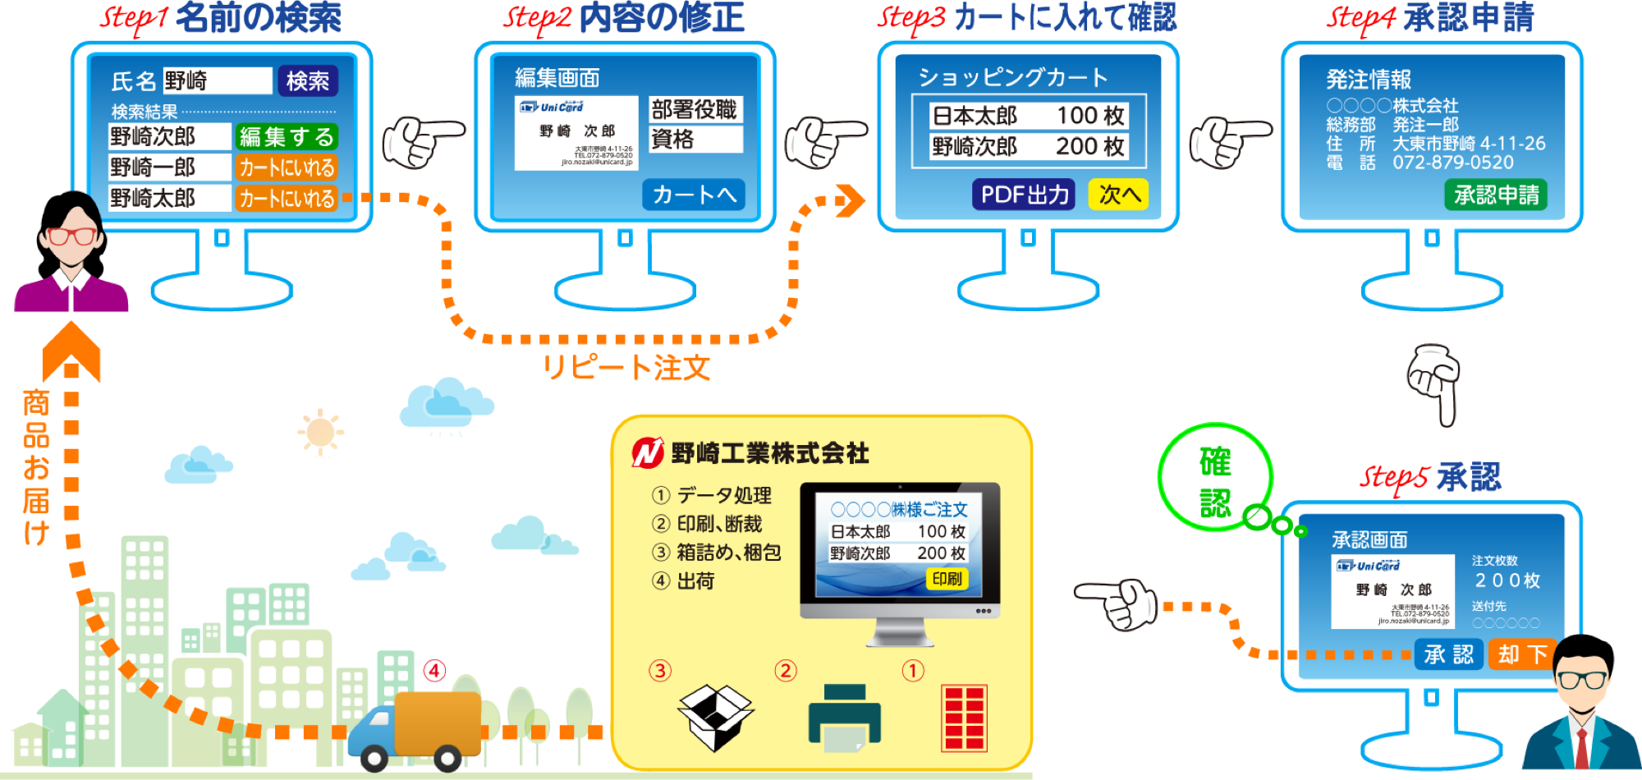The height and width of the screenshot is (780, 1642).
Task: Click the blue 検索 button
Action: pos(308,80)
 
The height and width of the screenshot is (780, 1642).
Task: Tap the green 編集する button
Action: pos(287,136)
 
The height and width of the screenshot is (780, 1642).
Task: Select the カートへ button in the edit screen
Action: pos(694,195)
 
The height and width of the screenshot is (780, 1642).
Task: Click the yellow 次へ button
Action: pos(1118,195)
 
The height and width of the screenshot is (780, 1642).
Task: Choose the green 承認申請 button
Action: pos(1496,195)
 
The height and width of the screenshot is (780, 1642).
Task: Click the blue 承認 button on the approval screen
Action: pos(1449,654)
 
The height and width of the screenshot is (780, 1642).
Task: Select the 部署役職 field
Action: pos(695,109)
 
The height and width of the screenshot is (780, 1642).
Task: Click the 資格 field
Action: pos(695,140)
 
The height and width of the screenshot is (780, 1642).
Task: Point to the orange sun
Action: pos(320,432)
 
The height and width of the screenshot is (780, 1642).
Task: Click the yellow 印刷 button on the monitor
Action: pos(947,579)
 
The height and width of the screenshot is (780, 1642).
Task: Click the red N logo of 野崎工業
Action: pos(648,452)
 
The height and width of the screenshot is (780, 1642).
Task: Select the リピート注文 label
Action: pos(626,367)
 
